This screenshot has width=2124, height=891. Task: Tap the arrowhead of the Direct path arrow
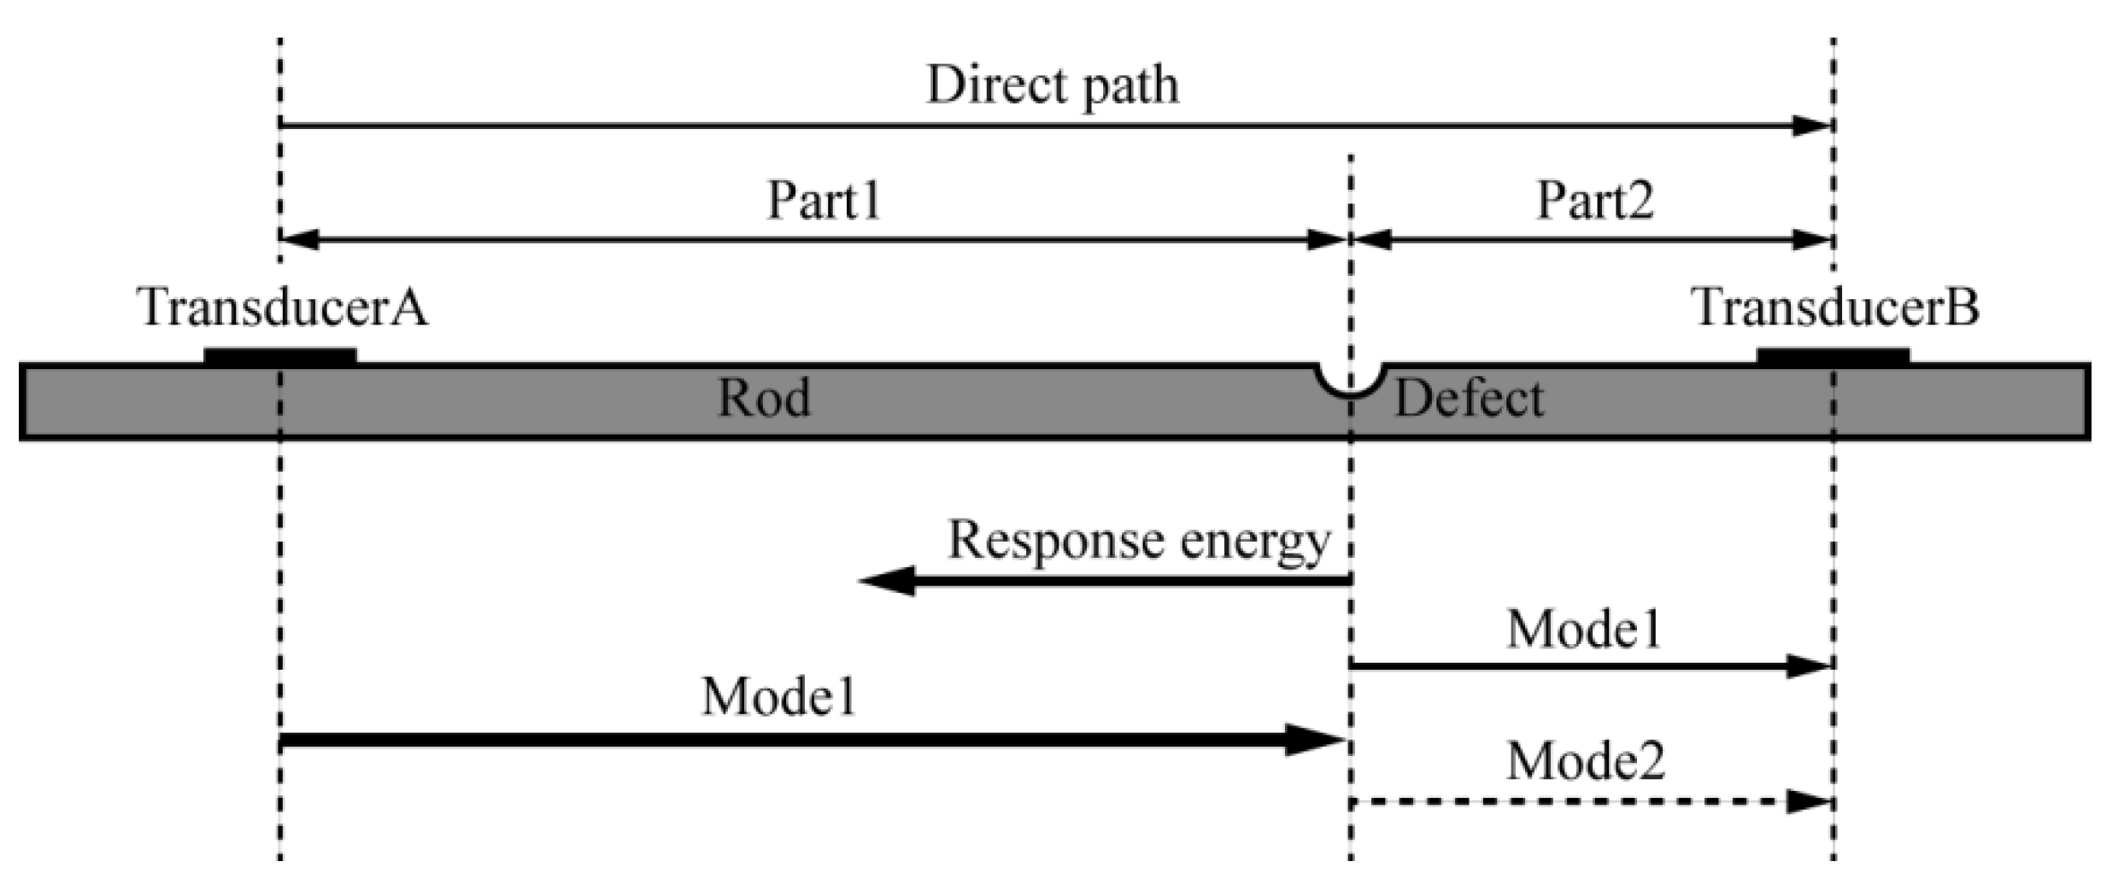1811,126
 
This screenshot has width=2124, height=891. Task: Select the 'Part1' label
824,201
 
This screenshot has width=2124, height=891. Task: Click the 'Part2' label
1594,201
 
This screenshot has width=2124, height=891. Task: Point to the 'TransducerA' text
282,308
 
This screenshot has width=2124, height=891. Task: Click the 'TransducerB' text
1836,308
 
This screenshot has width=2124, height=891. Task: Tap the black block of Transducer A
280,356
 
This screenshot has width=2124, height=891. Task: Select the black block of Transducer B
1833,356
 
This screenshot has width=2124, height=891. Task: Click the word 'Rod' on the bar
763,399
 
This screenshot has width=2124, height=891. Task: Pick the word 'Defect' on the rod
1469,399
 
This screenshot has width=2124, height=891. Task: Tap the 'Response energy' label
1139,541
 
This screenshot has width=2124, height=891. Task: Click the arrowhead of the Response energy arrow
884,581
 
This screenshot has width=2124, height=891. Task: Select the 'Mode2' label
1586,760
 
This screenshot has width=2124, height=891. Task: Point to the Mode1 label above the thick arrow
778,696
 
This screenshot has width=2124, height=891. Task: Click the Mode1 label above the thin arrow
1584,630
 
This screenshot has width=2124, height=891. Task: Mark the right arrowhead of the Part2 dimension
1813,240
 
